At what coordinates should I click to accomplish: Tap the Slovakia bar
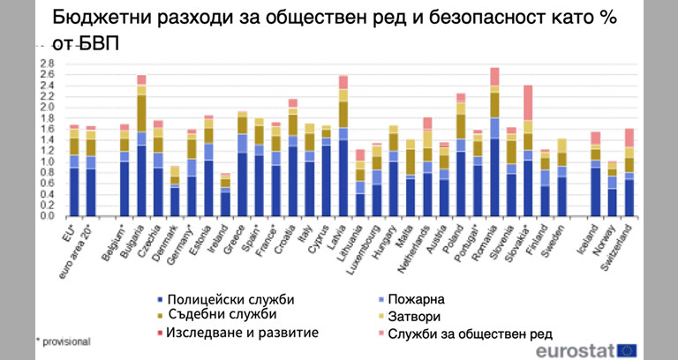click(x=528, y=151)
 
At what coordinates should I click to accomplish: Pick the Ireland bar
click(x=225, y=194)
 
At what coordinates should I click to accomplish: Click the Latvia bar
click(x=343, y=146)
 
